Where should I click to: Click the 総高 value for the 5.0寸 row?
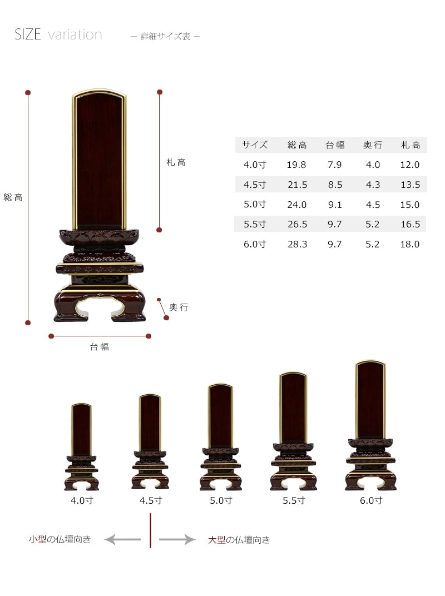296,205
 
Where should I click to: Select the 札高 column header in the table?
411,145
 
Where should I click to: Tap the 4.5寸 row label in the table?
255,185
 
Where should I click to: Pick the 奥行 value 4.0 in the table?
373,165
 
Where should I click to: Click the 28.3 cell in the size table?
297,244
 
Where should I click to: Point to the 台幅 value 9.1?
335,205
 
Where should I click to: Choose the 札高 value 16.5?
410,224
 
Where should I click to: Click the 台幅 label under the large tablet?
99,347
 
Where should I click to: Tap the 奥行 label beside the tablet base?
179,307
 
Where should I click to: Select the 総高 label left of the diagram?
13,197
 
